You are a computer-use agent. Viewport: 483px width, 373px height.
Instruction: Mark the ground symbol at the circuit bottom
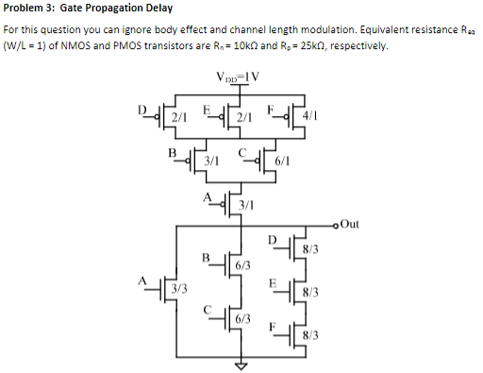click(x=241, y=365)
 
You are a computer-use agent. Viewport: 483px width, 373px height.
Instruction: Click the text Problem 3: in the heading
click(x=27, y=8)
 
